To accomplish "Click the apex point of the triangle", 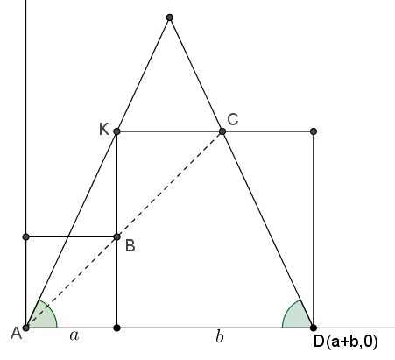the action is [x=170, y=18].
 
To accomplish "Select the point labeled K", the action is [x=116, y=131].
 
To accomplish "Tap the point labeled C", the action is [x=222, y=131].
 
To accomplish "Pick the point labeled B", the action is [x=116, y=236].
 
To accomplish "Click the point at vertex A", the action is [x=26, y=328].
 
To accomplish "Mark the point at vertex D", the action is [x=314, y=328].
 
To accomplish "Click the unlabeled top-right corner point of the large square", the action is [x=314, y=131].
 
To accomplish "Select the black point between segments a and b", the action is [x=116, y=328].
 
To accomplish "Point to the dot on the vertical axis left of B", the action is [x=26, y=236].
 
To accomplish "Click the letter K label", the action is [x=104, y=129].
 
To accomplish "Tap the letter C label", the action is [x=233, y=120].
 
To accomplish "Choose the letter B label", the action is [x=130, y=245].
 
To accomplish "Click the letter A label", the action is [x=16, y=333].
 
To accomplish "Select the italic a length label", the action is [x=74, y=336].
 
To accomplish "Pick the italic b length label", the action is [x=220, y=336].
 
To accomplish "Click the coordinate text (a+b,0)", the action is [x=352, y=342].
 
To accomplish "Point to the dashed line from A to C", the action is [x=124, y=229].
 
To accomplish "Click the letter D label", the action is [x=319, y=342].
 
